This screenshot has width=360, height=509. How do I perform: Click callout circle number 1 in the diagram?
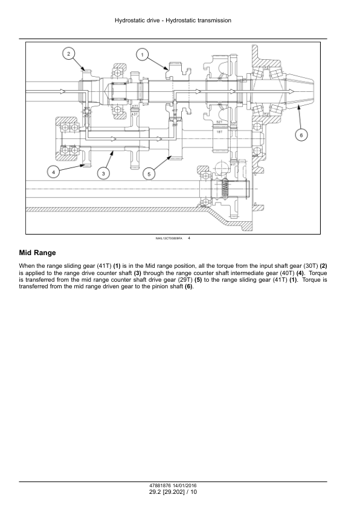[x=142, y=55]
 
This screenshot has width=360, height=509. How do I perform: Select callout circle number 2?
[x=69, y=54]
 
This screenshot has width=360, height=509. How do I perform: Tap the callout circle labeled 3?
[x=104, y=173]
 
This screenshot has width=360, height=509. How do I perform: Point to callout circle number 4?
[x=54, y=172]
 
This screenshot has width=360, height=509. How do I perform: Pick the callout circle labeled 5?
[x=149, y=173]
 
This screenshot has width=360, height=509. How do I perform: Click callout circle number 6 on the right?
[x=301, y=135]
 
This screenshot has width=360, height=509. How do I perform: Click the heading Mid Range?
[x=37, y=253]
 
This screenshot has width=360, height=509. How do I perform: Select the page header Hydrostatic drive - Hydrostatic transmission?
[x=173, y=21]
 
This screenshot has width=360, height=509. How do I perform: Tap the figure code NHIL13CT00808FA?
[x=169, y=239]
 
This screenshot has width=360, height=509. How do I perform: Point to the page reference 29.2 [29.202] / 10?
[x=173, y=493]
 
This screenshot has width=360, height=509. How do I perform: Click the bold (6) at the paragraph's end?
[x=188, y=287]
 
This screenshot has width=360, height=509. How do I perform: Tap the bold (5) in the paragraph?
[x=198, y=280]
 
